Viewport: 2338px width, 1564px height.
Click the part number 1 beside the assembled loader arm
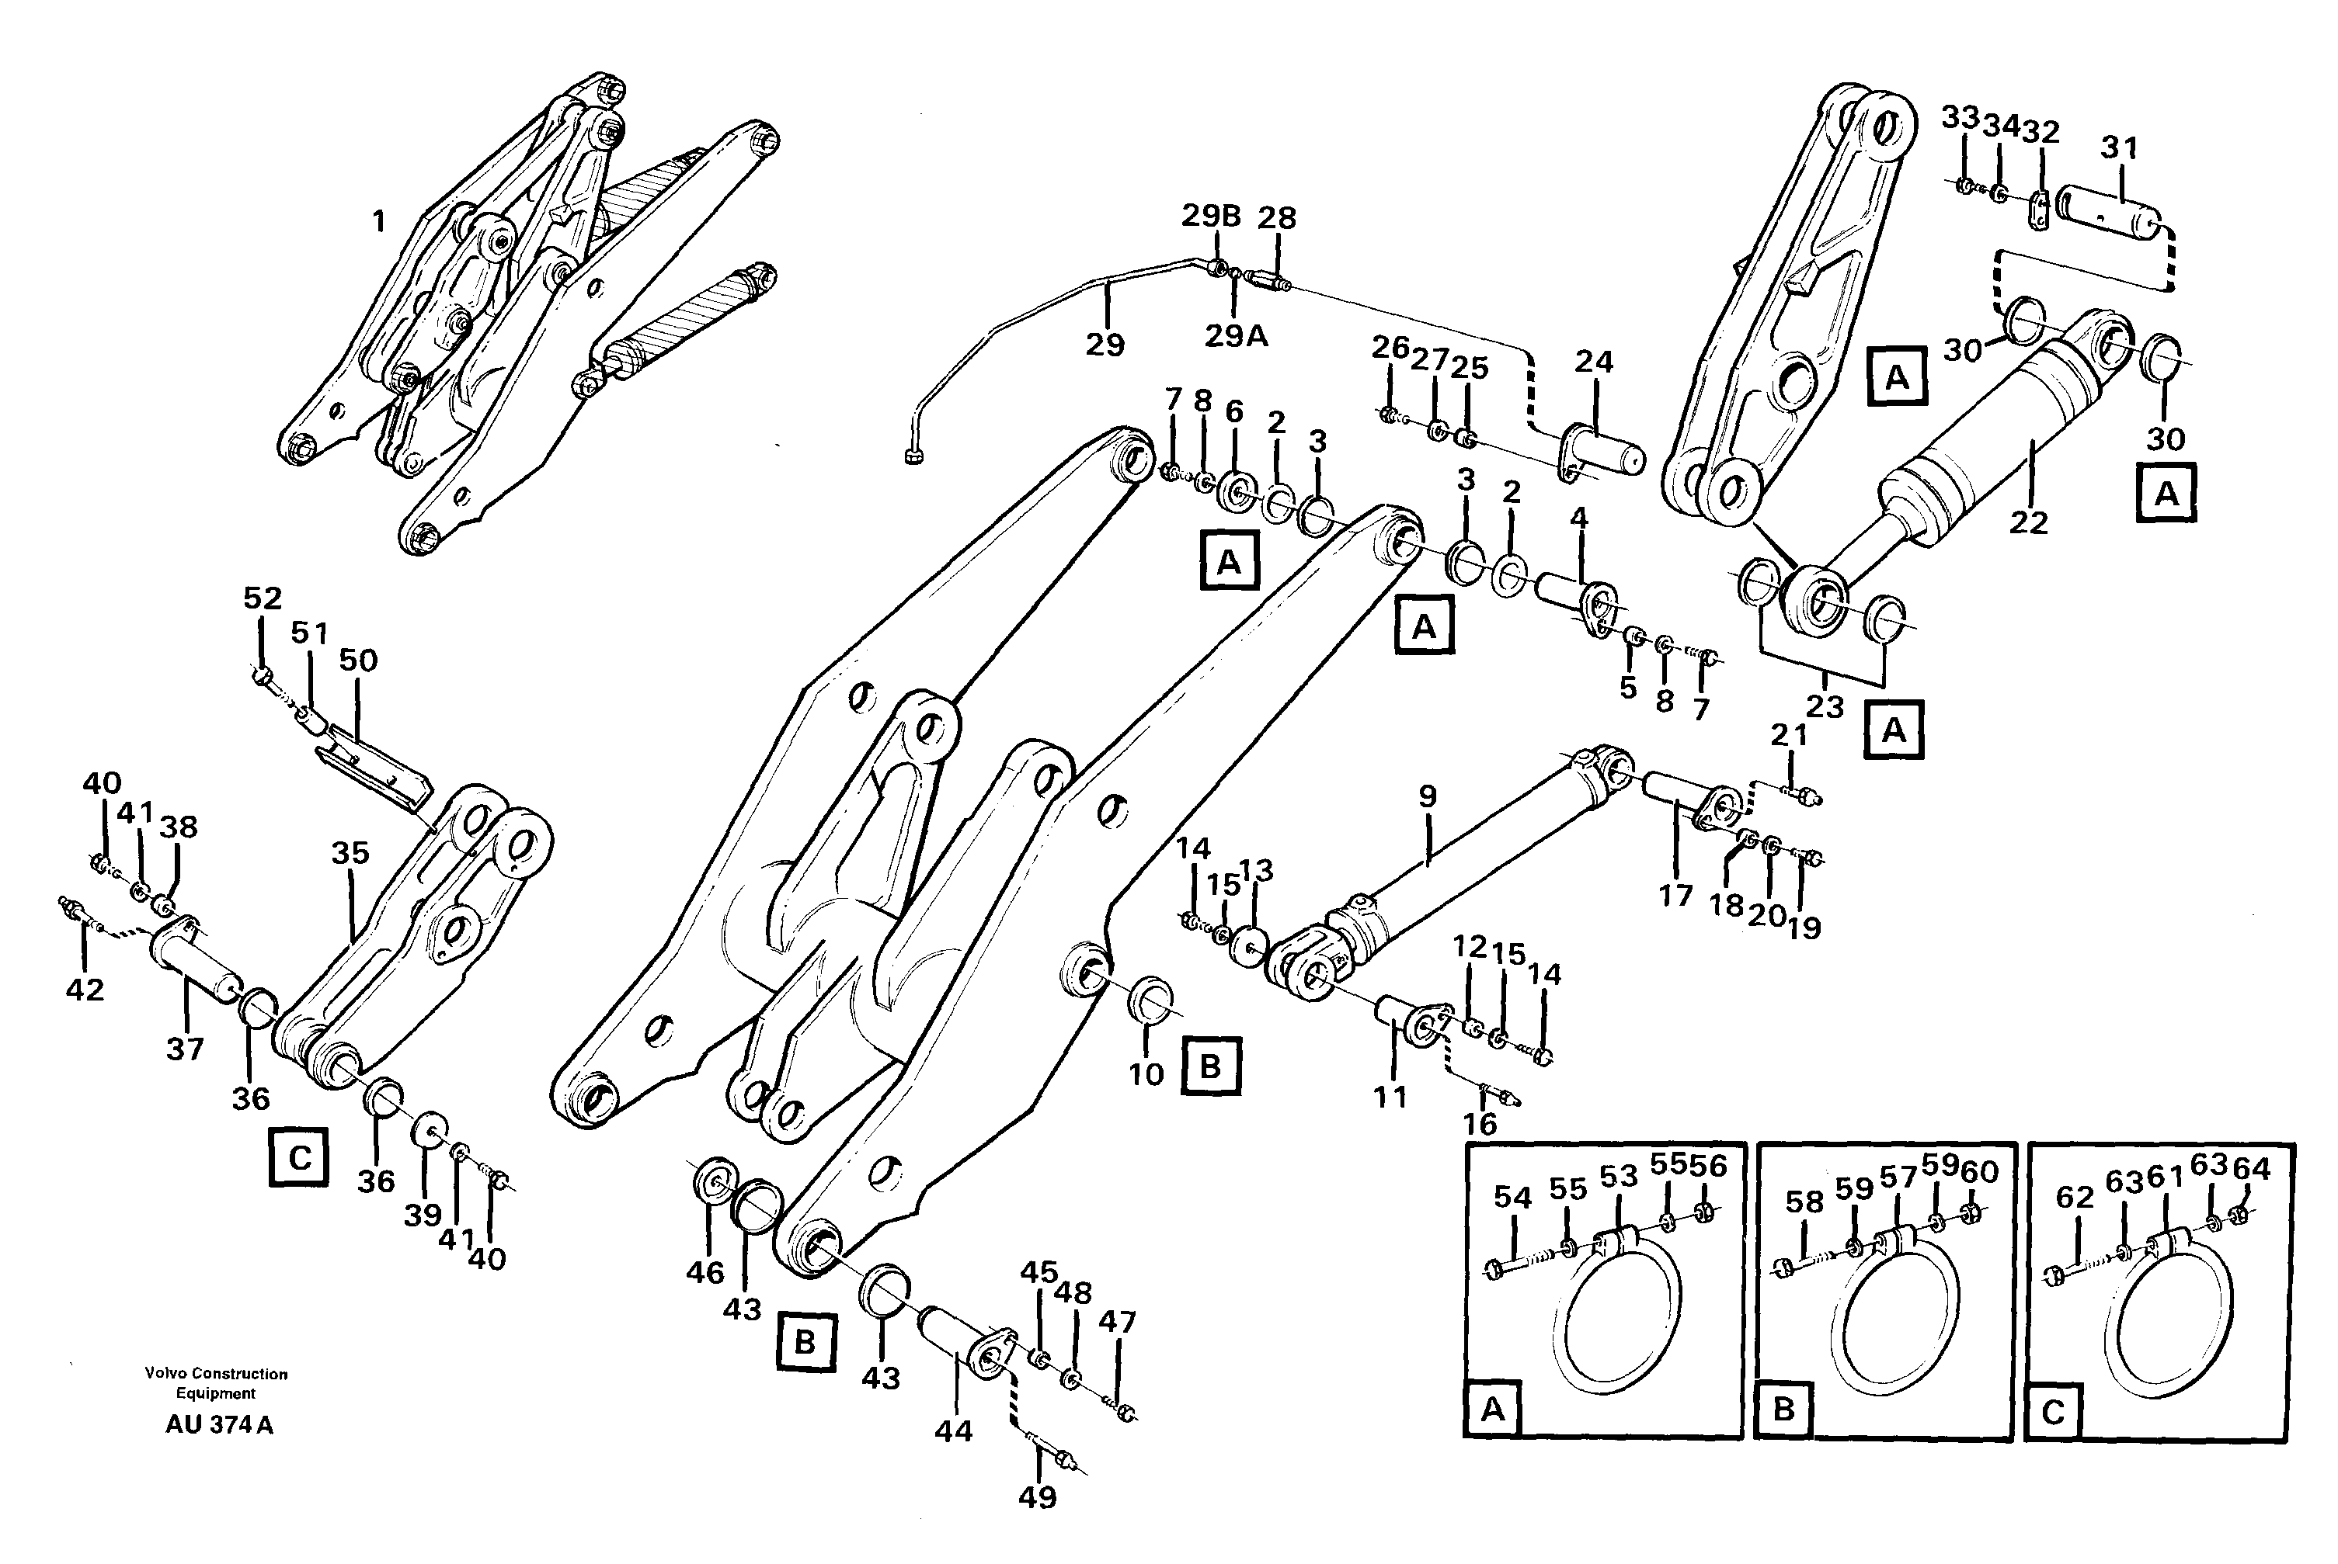pyautogui.click(x=378, y=221)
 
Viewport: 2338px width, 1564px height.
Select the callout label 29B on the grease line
pyautogui.click(x=1210, y=217)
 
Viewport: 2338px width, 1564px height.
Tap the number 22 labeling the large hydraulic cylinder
pyautogui.click(x=2027, y=522)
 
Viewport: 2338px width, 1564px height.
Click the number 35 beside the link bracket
pyautogui.click(x=350, y=853)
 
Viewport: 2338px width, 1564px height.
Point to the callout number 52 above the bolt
pyautogui.click(x=263, y=598)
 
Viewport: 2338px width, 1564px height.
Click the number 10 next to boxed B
pyautogui.click(x=1146, y=1074)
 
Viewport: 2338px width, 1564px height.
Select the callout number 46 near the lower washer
pyautogui.click(x=705, y=1273)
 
